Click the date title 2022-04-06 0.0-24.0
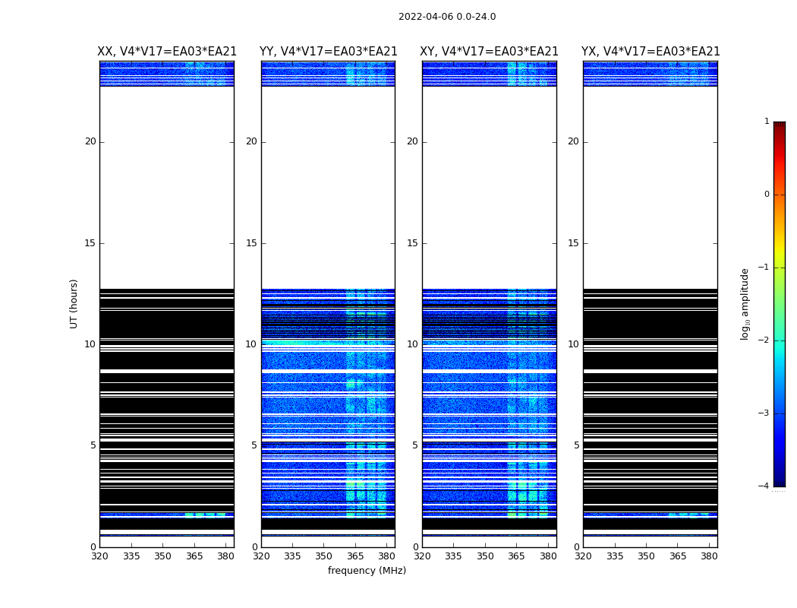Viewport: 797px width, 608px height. click(447, 17)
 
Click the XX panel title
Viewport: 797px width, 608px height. click(167, 52)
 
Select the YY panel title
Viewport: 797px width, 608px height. click(328, 52)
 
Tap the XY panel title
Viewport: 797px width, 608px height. click(490, 52)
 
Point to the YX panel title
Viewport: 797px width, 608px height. click(651, 52)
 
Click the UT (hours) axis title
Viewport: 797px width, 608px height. click(74, 303)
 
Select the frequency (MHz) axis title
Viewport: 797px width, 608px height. click(367, 571)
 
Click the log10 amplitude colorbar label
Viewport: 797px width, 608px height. click(745, 303)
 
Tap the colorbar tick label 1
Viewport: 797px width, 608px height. click(767, 122)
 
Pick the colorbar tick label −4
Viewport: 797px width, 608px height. click(765, 486)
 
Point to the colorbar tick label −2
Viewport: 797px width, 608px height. click(765, 340)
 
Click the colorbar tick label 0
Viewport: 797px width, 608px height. click(767, 195)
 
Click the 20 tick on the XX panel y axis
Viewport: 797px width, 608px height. click(90, 141)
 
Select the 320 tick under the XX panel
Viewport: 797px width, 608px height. click(99, 556)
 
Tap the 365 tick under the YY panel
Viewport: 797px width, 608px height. click(355, 556)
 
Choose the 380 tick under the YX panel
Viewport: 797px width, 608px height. click(709, 556)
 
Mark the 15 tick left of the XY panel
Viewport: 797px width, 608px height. click(412, 243)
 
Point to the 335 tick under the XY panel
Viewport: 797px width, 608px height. click(454, 556)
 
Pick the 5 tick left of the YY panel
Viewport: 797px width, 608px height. click(254, 445)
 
